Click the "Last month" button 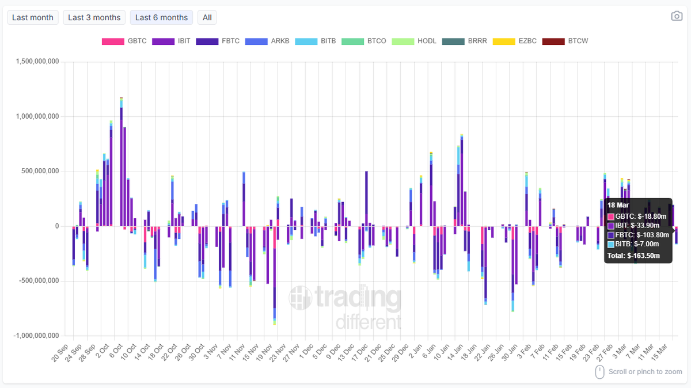(32, 17)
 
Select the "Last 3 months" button (94, 17)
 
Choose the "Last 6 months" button (161, 17)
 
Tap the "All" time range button (207, 17)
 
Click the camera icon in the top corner (677, 16)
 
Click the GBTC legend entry (124, 41)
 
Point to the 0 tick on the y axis (56, 226)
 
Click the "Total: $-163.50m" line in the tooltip (633, 256)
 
